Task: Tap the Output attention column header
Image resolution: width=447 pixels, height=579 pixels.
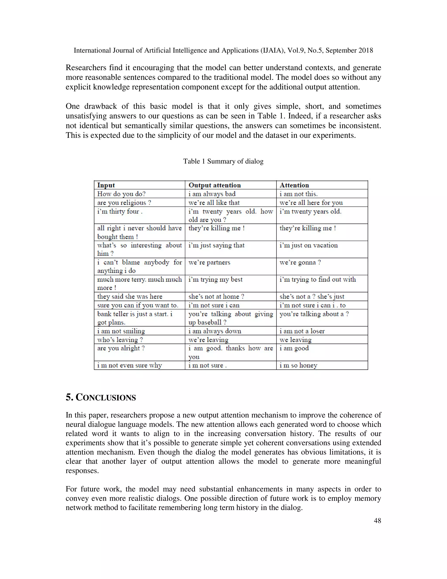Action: coord(215,185)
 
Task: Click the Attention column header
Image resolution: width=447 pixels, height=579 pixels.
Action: coord(294,185)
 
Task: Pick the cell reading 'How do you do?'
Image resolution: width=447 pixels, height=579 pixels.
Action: coord(121,194)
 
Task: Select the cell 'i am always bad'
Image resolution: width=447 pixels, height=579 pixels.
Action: coord(212,194)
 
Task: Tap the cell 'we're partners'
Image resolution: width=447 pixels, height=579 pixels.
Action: coord(209,262)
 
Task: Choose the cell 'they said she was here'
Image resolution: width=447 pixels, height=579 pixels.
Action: coord(129,296)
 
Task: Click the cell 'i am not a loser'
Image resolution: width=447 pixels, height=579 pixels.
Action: coord(302,331)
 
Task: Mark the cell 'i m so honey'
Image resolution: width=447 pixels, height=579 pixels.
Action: coord(298,365)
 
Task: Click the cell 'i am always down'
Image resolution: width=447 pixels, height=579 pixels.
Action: coord(215,331)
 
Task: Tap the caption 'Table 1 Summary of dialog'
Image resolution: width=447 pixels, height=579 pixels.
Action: coord(223,161)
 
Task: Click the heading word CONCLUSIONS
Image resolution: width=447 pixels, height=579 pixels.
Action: coord(105,398)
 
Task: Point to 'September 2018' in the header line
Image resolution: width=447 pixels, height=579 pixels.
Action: coord(349,50)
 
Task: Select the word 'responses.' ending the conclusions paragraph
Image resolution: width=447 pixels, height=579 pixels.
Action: coord(82,471)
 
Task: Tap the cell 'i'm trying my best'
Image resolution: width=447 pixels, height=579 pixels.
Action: coord(215,279)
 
